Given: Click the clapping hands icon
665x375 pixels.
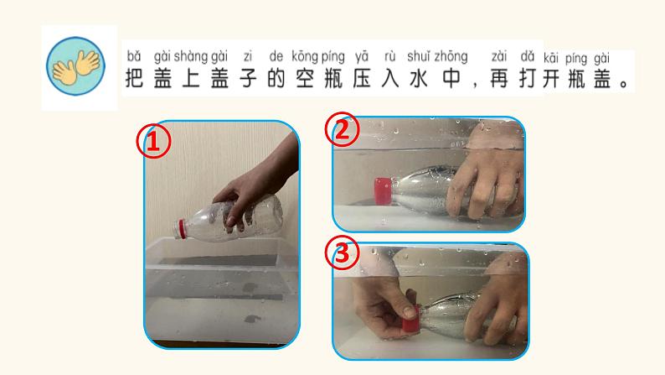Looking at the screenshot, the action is click(x=75, y=65).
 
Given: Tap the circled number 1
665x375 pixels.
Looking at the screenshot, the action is click(x=153, y=141).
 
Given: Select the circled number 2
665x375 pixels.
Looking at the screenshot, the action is click(x=343, y=129).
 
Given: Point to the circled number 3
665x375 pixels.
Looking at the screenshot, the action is click(x=343, y=253).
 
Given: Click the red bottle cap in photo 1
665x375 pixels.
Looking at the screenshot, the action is click(x=181, y=229).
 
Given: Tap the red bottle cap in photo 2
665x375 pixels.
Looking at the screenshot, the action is click(x=383, y=190).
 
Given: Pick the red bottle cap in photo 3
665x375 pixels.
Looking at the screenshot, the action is click(x=411, y=319).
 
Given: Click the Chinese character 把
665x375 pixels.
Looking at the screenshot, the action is click(x=134, y=78).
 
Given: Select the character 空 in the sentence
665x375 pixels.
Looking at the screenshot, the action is click(x=305, y=78).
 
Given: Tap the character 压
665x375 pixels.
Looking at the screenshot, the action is click(x=362, y=78).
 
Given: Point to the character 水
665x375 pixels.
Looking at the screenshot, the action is click(x=419, y=78).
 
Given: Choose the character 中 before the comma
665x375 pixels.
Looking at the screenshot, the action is click(x=451, y=78).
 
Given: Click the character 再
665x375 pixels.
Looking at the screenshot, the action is click(x=499, y=78).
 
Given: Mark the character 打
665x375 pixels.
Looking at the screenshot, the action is click(x=528, y=78).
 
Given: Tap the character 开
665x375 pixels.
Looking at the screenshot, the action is click(x=551, y=79).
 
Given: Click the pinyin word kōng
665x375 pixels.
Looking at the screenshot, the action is click(x=305, y=56).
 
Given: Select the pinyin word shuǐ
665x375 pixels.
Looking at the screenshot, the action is click(x=419, y=56).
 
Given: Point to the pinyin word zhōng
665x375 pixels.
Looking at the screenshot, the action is click(x=451, y=56).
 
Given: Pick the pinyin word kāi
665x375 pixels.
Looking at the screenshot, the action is click(x=551, y=58).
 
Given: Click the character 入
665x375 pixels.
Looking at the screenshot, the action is click(x=390, y=78).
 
